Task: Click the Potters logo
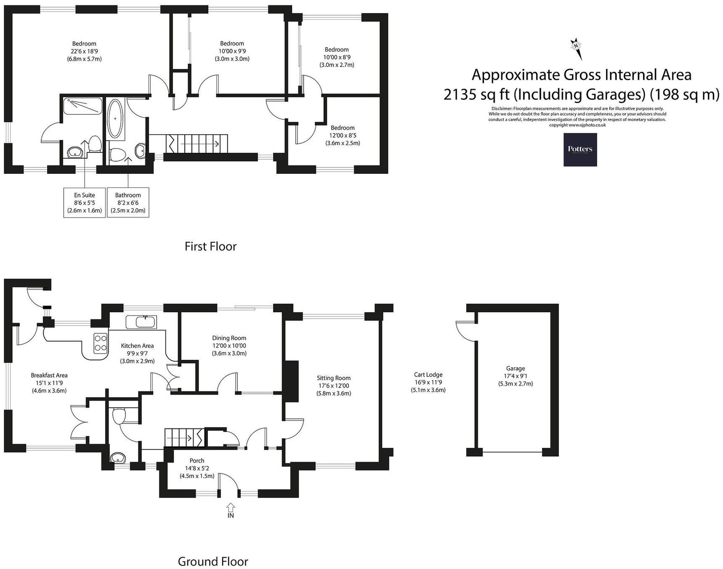580,149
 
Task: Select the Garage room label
515,368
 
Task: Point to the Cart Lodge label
428,375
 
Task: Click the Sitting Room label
333,378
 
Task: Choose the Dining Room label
229,338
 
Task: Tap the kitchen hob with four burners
101,342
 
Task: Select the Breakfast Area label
49,375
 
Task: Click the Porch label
197,460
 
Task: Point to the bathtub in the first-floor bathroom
115,119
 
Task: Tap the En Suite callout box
85,202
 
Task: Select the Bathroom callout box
128,202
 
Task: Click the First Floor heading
210,246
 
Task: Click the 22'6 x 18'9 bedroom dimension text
84,51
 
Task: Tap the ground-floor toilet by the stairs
118,417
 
